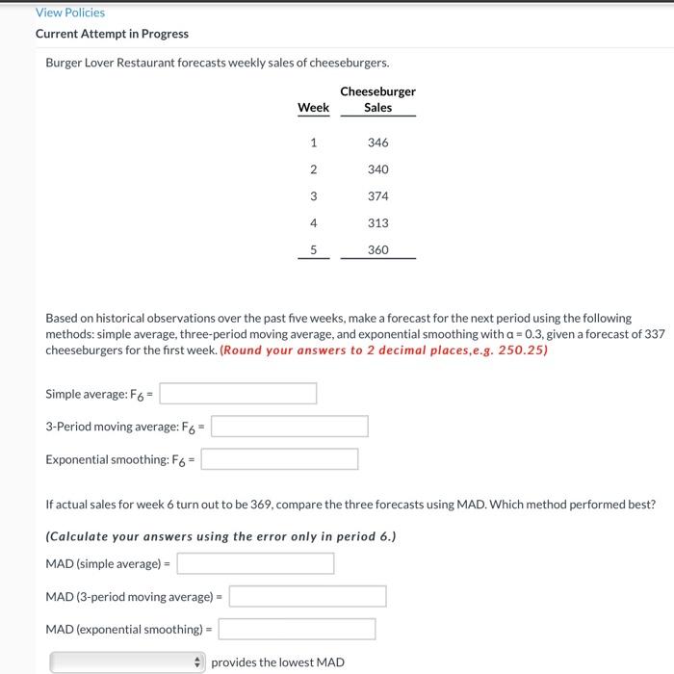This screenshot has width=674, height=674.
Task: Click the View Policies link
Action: (x=69, y=13)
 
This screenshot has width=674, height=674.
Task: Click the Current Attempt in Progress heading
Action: (x=112, y=34)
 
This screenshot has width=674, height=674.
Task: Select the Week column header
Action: (x=313, y=108)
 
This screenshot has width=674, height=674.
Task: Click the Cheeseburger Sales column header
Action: (x=377, y=99)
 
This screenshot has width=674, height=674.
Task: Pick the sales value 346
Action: (x=377, y=143)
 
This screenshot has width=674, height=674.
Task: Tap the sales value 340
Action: (x=377, y=169)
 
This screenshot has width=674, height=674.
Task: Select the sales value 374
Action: (x=377, y=196)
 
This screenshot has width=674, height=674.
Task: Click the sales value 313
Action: (x=377, y=223)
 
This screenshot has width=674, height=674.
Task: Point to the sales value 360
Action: (x=377, y=249)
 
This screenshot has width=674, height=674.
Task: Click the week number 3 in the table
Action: (x=313, y=196)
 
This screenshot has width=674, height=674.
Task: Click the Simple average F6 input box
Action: (x=238, y=394)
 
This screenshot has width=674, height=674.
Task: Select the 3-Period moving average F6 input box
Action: (x=290, y=427)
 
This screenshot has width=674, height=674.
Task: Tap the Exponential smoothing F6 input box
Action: (x=279, y=459)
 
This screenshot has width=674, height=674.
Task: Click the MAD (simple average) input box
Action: (x=255, y=563)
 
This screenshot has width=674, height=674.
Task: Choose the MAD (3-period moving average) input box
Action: (x=307, y=596)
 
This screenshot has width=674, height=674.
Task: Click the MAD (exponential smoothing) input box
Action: (x=297, y=629)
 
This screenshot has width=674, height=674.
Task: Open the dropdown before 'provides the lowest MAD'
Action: (x=128, y=662)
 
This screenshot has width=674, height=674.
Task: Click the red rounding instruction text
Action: (x=384, y=350)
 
